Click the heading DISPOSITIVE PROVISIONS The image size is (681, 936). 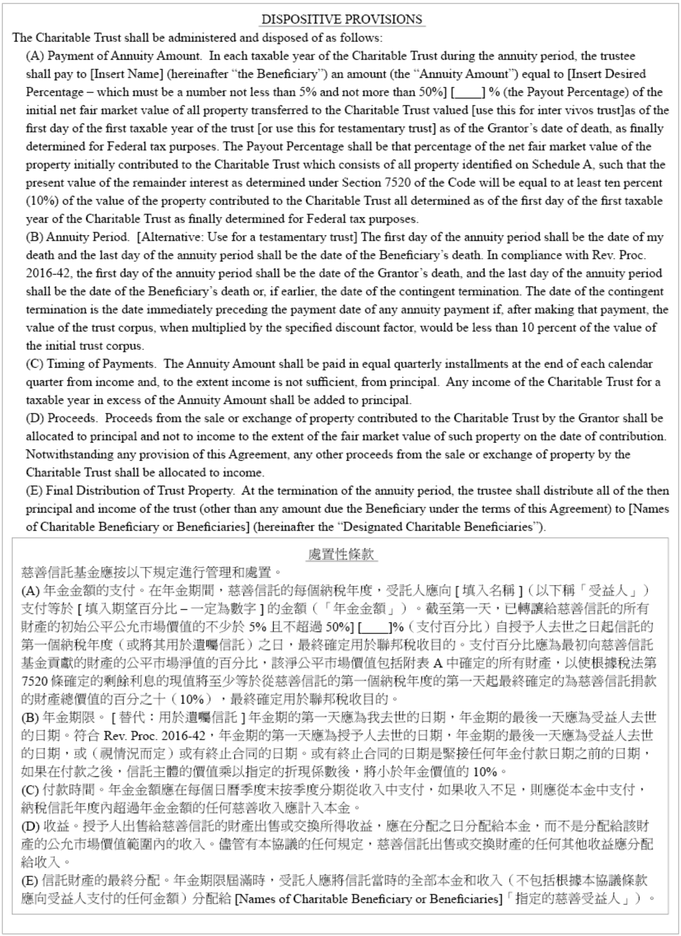pyautogui.click(x=342, y=20)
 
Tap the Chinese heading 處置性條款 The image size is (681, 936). pyautogui.click(x=342, y=554)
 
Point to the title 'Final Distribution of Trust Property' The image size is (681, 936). pyautogui.click(x=139, y=491)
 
